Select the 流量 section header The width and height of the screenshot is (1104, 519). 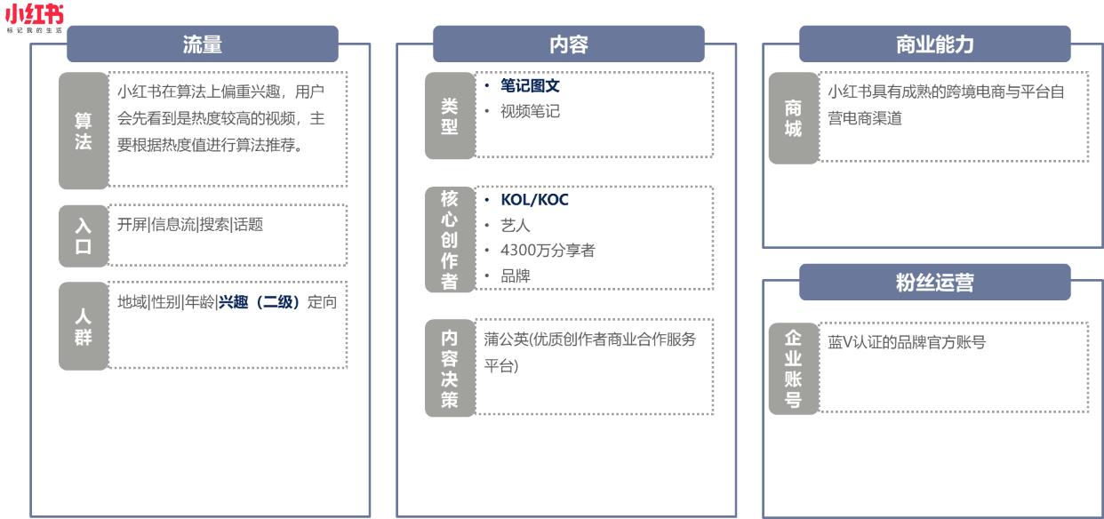pos(202,44)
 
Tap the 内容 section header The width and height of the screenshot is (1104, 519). pos(568,44)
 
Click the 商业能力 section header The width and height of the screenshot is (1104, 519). pos(934,44)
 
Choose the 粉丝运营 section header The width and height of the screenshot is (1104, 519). pos(934,282)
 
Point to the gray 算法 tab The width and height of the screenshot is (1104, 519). pos(83,131)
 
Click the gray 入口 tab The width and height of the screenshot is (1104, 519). pos(83,236)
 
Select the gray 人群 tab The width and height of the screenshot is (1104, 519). pos(83,326)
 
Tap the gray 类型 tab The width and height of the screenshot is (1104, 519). pos(450,116)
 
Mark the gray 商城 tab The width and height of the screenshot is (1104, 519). pos(793,118)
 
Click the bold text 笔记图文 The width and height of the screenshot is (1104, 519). pos(530,87)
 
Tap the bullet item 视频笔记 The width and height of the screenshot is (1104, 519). pos(530,112)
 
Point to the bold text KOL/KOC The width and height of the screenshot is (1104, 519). pos(534,200)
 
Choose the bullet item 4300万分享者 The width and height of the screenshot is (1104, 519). pos(548,251)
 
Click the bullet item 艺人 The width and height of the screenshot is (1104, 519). pos(516,226)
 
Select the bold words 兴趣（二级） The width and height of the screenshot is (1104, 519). pos(261,301)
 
